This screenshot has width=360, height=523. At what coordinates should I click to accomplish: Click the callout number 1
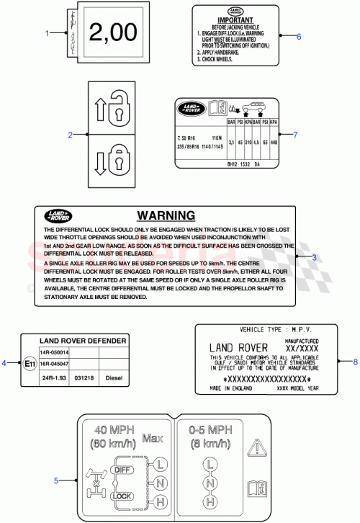pos(47,33)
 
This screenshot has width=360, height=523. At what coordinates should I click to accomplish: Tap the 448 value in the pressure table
pos(274,142)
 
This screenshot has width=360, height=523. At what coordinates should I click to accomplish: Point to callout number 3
pos(314,257)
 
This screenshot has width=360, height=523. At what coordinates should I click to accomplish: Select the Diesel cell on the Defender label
pos(114,377)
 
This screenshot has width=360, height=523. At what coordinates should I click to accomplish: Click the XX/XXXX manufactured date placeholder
pos(302,347)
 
